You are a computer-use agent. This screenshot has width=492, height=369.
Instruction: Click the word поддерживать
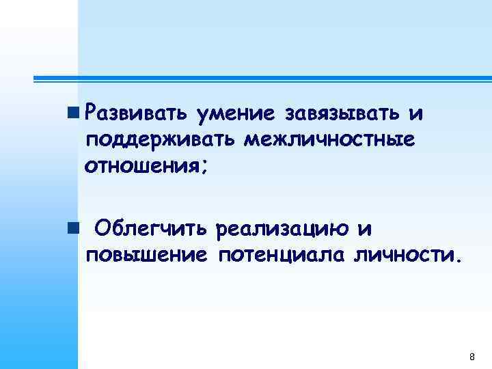(x=160, y=140)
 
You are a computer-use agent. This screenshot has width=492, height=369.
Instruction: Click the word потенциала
(x=282, y=256)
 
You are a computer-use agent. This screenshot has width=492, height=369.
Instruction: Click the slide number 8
(x=471, y=357)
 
